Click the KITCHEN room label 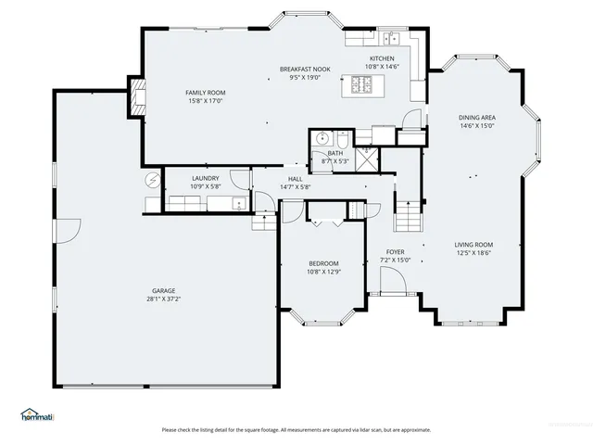382,58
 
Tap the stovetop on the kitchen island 361,85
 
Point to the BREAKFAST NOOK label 305,70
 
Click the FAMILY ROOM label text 206,93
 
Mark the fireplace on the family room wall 138,98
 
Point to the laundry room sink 238,204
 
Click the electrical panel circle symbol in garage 153,180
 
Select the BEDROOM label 322,263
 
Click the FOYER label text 396,251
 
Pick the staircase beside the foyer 408,219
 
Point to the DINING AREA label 476,118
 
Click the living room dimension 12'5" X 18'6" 473,253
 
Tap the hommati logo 36,414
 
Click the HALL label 295,179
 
